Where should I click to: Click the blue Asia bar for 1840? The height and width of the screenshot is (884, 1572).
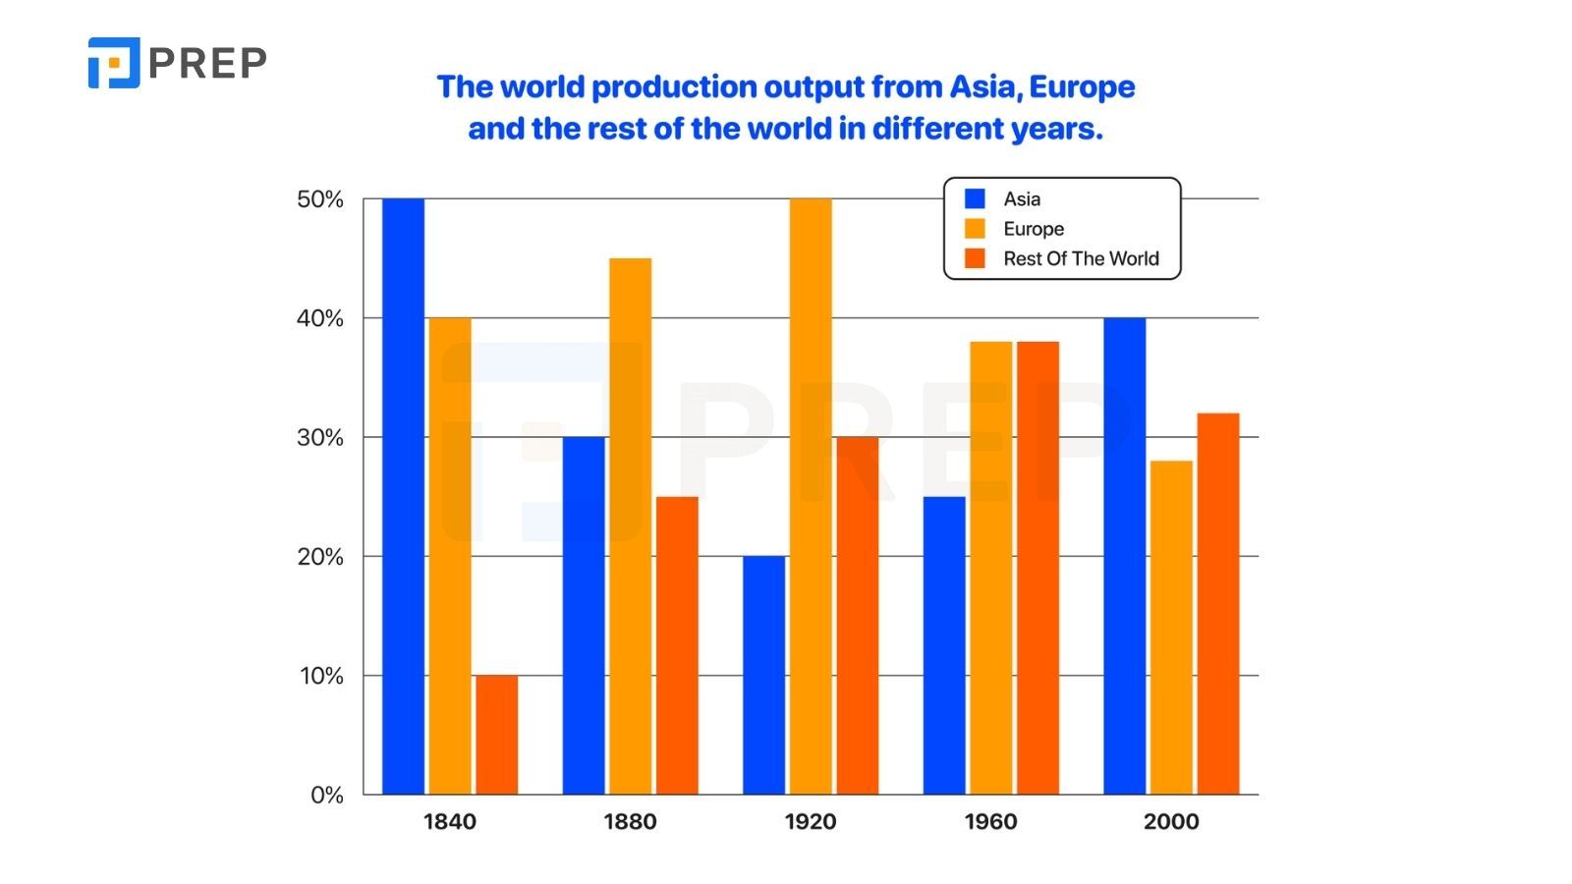[x=403, y=496]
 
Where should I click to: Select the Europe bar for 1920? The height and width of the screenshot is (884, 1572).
[x=811, y=496]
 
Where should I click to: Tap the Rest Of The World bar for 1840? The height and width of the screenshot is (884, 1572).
[x=496, y=735]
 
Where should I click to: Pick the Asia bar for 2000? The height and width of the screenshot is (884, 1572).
[x=1124, y=556]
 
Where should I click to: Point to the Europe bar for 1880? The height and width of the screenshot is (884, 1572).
[x=630, y=526]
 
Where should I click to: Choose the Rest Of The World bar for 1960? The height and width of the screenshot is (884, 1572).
[x=1038, y=568]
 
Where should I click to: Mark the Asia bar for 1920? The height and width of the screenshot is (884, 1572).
[x=763, y=675]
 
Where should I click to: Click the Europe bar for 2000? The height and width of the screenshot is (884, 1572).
[x=1171, y=628]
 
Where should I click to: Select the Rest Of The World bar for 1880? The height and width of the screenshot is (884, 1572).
[x=677, y=645]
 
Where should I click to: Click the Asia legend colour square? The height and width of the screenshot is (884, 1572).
[x=975, y=198]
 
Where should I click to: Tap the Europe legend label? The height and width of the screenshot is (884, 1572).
[x=1034, y=229]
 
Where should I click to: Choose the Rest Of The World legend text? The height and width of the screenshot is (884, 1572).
[x=1081, y=258]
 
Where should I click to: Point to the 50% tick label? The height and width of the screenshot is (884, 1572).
[x=320, y=199]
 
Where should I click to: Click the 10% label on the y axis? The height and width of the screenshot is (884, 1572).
[x=321, y=676]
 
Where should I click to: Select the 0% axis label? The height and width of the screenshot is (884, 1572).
[x=327, y=795]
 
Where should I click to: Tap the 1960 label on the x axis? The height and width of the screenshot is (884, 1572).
[x=990, y=821]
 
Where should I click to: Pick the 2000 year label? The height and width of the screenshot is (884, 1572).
[x=1171, y=821]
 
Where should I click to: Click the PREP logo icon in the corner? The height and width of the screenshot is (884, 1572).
[x=114, y=63]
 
